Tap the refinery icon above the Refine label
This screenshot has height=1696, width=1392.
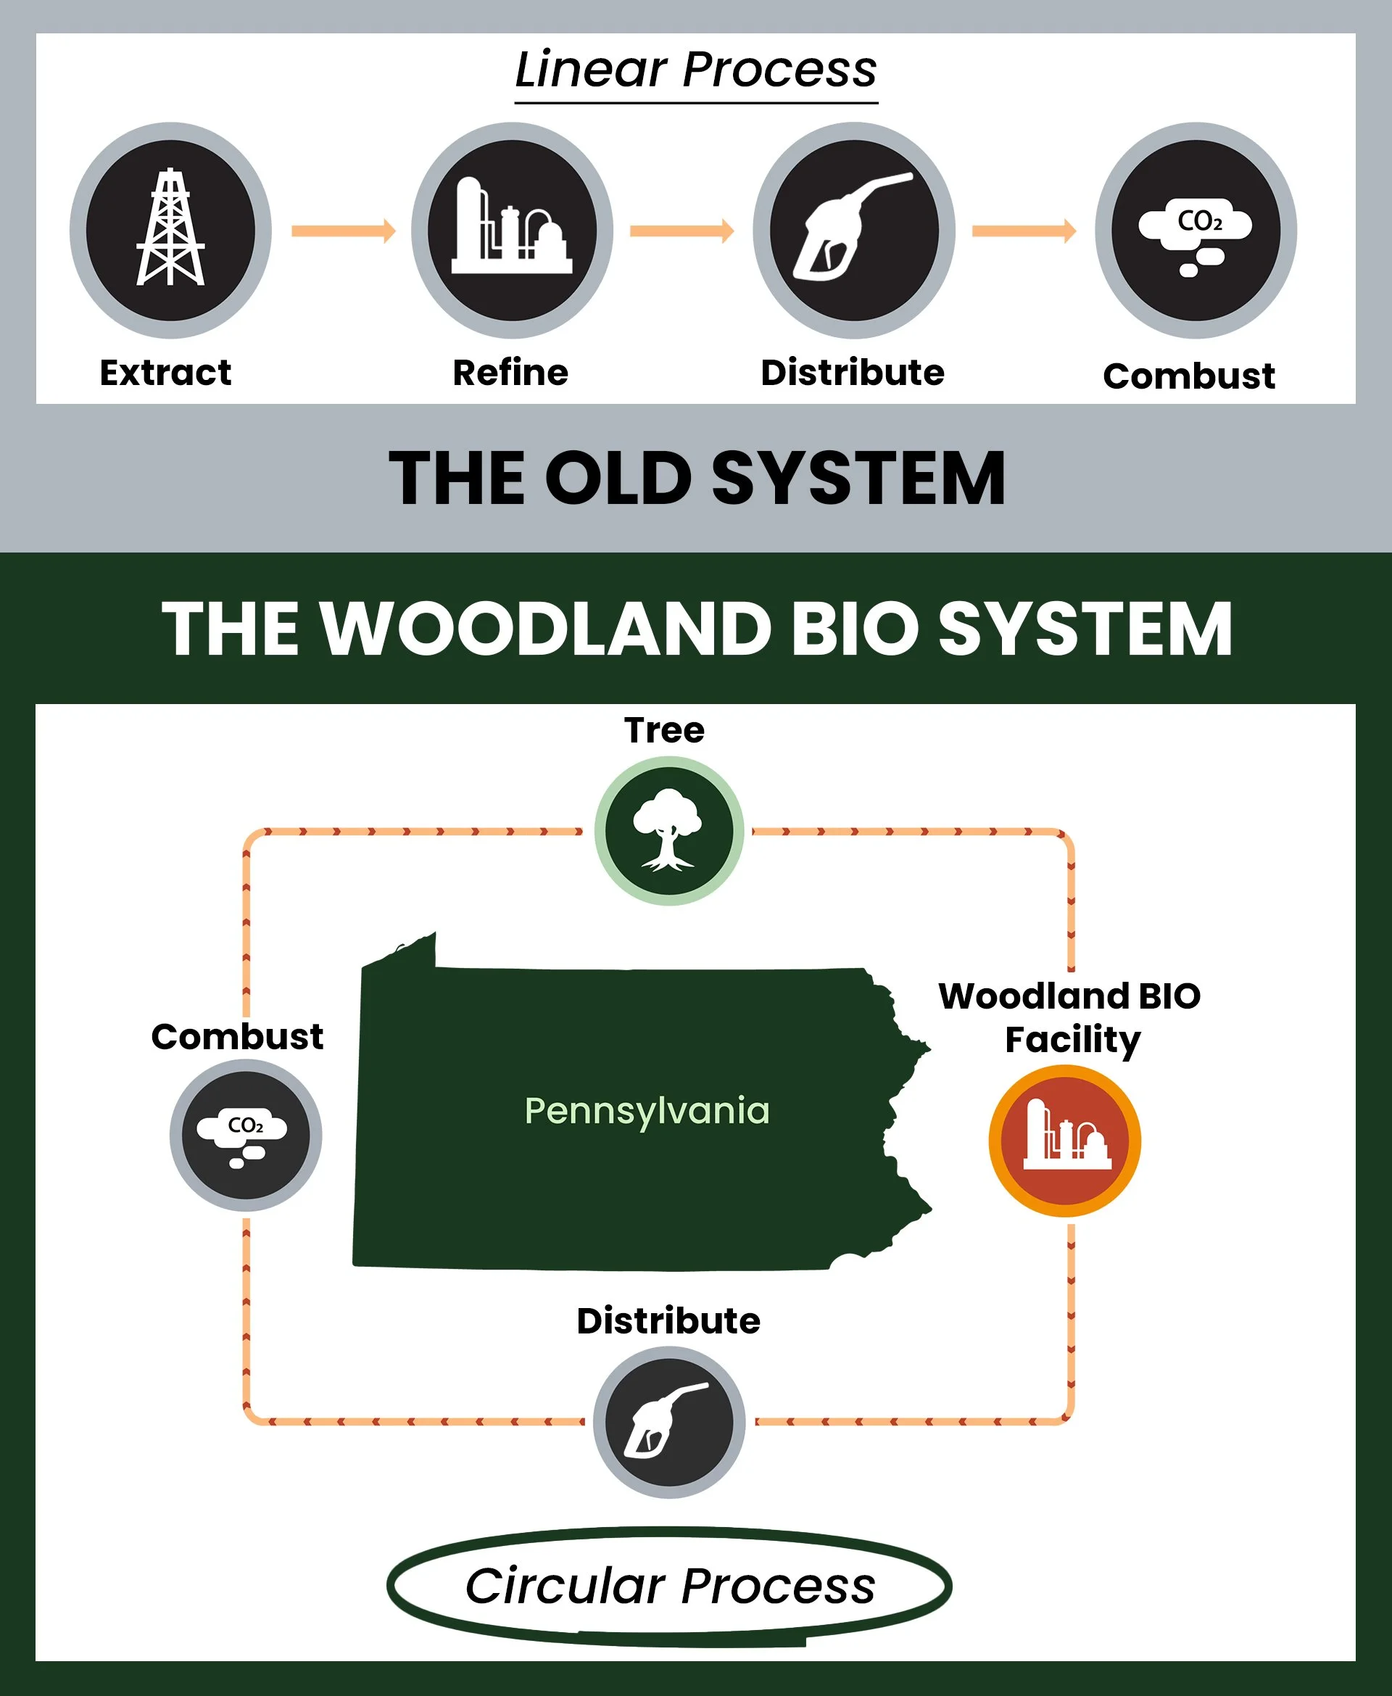[512, 229]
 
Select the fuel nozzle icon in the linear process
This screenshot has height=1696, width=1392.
[853, 229]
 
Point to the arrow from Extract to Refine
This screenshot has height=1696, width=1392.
[342, 231]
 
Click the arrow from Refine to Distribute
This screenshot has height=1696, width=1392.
[681, 231]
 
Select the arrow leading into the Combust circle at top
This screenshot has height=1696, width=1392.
[1024, 231]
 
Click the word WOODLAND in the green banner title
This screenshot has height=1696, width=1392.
[545, 629]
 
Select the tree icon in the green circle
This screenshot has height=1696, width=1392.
[668, 830]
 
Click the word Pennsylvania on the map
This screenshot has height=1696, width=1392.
[646, 1111]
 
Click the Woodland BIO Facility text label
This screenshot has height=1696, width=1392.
[1069, 1017]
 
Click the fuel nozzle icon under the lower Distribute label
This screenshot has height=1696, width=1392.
[668, 1421]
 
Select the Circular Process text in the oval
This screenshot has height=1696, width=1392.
[670, 1586]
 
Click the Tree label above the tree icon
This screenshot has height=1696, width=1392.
[664, 729]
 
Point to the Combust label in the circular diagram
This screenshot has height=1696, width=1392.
[237, 1036]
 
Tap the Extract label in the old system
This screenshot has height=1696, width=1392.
[165, 373]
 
